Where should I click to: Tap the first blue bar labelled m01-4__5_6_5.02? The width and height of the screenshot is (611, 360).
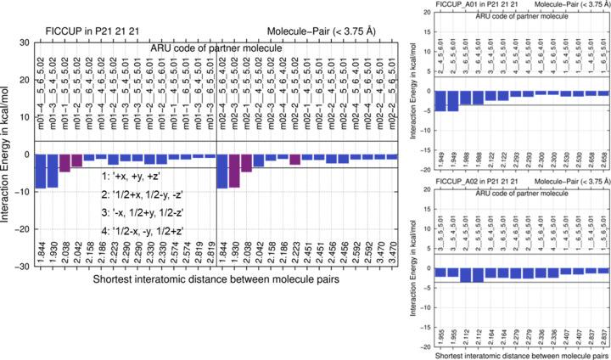pos(40,171)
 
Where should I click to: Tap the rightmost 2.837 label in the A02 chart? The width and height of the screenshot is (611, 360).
pos(603,336)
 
